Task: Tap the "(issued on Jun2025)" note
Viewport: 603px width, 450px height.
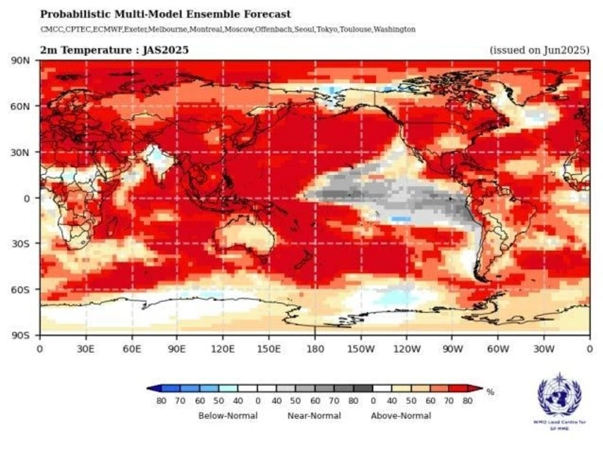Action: pyautogui.click(x=538, y=51)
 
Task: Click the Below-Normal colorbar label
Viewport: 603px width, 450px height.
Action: pyautogui.click(x=228, y=415)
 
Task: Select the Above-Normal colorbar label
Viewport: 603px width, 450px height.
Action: pyautogui.click(x=400, y=415)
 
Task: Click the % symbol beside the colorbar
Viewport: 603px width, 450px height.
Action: pyautogui.click(x=491, y=392)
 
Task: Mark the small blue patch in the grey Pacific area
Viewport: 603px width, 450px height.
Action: pyautogui.click(x=400, y=218)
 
